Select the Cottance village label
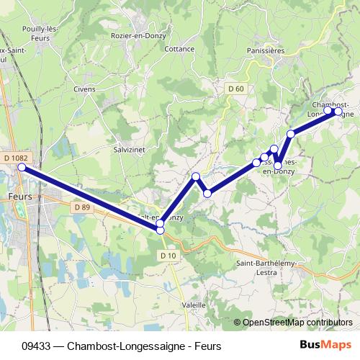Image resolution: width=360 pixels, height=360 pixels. (179, 49)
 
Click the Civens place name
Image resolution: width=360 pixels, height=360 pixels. (84, 89)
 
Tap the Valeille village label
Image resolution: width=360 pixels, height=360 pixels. (194, 305)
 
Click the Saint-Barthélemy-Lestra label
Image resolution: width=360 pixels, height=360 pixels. (266, 269)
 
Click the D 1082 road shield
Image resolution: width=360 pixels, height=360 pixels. (14, 158)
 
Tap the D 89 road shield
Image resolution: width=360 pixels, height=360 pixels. (81, 207)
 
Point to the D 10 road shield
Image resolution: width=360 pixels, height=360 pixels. (168, 255)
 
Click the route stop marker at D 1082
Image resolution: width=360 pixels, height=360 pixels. (22, 167)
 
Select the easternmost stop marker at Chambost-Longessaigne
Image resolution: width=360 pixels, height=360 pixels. (338, 112)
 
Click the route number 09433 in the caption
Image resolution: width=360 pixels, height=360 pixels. (36, 346)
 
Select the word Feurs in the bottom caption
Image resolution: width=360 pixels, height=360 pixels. (206, 346)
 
